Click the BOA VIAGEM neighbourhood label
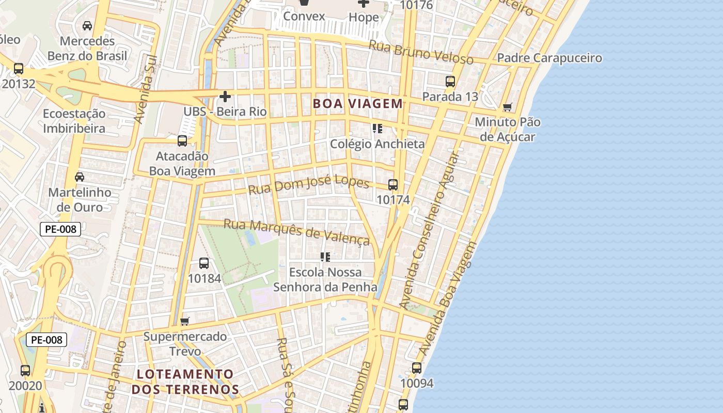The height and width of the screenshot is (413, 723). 357,103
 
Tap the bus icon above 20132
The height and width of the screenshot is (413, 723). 19,68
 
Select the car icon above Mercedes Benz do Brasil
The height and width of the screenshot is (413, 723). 87,25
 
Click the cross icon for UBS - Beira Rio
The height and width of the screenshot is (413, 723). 225,96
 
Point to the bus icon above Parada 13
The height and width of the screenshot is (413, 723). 450,81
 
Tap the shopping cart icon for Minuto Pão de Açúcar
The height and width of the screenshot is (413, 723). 508,107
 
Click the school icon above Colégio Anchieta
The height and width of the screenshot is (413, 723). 378,128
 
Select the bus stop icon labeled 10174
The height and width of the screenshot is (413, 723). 393,184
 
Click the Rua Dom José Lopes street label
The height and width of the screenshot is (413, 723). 308,184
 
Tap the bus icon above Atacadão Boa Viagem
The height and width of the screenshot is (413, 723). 182,140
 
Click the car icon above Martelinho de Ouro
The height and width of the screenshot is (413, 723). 80,177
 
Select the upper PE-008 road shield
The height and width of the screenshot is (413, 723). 60,229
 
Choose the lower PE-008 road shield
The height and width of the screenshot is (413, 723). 46,340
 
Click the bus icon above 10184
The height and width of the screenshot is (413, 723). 204,263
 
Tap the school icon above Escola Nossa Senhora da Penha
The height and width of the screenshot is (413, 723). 325,256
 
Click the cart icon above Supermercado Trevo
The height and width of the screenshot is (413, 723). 185,321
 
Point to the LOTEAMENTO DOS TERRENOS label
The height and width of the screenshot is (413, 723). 185,382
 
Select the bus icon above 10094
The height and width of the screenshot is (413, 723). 417,368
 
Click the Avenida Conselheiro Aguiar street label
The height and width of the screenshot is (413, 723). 430,230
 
